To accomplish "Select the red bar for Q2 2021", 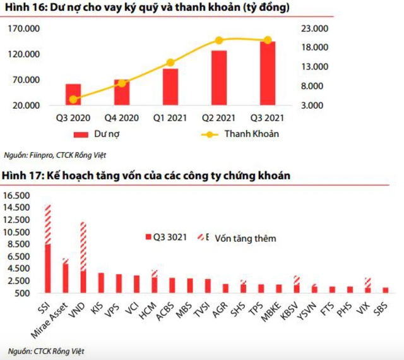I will point(219,78).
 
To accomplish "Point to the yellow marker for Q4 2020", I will point(122,83).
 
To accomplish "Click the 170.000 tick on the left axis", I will point(27,29).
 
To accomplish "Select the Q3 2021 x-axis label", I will point(268,118).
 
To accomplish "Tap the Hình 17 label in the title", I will point(20,175).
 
